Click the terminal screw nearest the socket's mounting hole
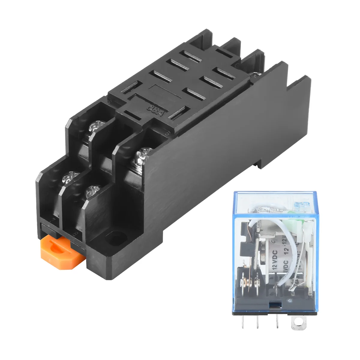(91, 191)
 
